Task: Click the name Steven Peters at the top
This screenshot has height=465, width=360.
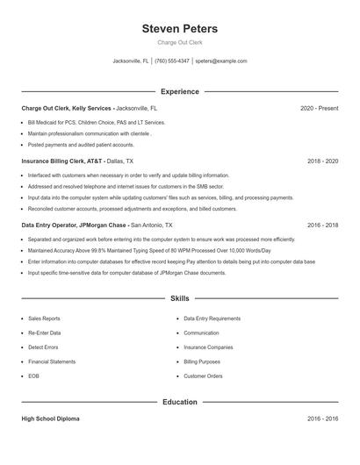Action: tap(179, 29)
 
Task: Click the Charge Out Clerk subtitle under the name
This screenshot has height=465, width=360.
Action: tap(179, 42)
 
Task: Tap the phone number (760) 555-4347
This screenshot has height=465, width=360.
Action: tap(172, 61)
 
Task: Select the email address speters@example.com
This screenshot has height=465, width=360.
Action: tap(220, 61)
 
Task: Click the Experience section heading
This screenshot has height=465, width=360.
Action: tap(179, 91)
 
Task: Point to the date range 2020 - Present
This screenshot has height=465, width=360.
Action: tap(319, 108)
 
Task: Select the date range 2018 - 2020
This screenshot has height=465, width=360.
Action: tap(322, 161)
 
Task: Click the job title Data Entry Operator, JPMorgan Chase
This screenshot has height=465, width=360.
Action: tap(75, 225)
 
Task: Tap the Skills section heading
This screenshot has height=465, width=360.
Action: tap(179, 299)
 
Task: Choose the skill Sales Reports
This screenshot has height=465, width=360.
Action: tap(44, 318)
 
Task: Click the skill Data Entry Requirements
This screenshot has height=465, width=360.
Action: tap(212, 318)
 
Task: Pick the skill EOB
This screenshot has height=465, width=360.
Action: tap(33, 376)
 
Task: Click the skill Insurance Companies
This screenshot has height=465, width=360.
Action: tap(207, 347)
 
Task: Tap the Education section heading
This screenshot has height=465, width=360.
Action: tap(179, 402)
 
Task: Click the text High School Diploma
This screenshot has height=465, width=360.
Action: tap(50, 419)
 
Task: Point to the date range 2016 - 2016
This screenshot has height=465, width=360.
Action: tap(322, 419)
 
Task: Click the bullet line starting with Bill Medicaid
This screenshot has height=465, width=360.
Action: tap(96, 123)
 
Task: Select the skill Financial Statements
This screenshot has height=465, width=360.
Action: tap(51, 361)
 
